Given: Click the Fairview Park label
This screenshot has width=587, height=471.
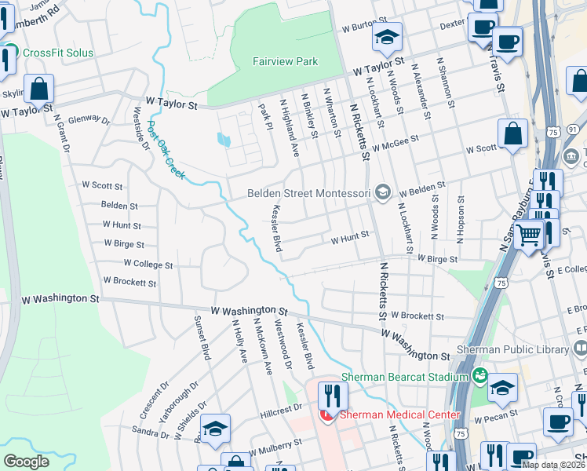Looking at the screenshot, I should [x=285, y=61].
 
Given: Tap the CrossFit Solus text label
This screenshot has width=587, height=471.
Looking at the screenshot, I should [x=58, y=53].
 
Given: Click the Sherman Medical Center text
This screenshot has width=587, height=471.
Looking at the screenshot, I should [x=401, y=414].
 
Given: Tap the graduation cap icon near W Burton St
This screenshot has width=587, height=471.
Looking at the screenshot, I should [x=387, y=37].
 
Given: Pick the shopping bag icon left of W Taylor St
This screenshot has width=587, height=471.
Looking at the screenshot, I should [x=38, y=89].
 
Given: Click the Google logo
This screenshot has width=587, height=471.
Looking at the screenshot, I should [x=26, y=462].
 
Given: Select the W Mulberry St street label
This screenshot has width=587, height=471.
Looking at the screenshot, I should [x=277, y=444].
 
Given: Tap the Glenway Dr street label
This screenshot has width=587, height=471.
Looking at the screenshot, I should [x=89, y=119].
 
